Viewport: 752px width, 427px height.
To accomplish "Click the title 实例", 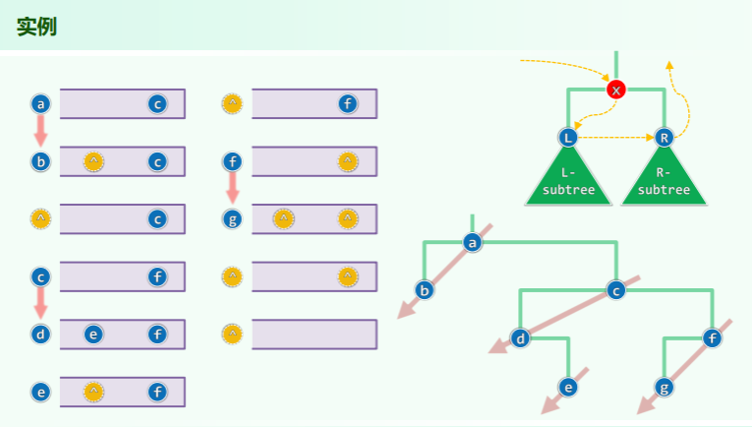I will [36, 27].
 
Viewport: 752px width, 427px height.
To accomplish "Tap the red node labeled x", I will [616, 90].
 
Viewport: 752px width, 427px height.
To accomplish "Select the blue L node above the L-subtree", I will [569, 138].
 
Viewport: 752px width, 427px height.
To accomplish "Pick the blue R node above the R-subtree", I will [665, 138].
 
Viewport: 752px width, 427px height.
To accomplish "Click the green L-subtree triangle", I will [569, 182].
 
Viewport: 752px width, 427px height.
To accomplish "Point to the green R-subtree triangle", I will [665, 182].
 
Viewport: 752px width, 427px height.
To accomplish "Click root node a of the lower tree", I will [473, 242].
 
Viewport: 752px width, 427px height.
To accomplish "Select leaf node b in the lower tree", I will [425, 290].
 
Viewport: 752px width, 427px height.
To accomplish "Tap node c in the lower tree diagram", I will [616, 290].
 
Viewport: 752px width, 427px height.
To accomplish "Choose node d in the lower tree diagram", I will [521, 339].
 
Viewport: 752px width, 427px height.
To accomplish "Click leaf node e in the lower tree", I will [568, 387].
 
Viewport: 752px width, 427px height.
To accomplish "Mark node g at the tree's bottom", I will [665, 387].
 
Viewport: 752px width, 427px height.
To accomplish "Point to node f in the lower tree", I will [713, 339].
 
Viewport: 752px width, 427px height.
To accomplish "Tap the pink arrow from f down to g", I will [232, 188].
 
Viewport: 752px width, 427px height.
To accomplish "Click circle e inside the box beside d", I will [93, 335].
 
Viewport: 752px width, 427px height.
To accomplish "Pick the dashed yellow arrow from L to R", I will [617, 138].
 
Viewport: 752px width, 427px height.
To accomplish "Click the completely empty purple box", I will [314, 335].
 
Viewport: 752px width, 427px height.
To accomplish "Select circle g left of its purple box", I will [232, 218].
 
